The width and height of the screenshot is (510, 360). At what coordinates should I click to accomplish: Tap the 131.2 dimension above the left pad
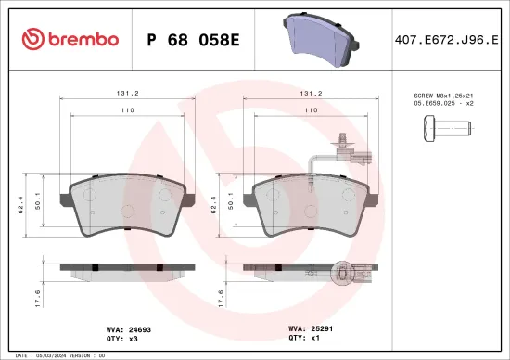[x=127, y=94]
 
